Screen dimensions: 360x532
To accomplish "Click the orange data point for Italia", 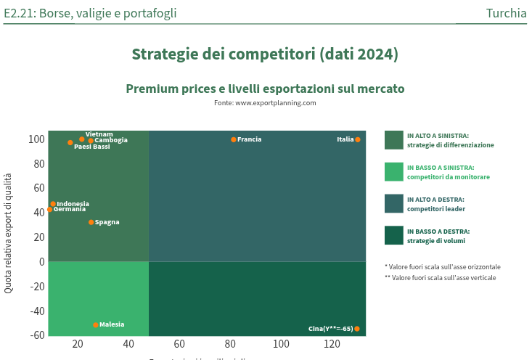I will pos(357,139).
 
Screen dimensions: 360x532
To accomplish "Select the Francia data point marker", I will pos(234,139).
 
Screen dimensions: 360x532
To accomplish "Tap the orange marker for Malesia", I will pos(96,324).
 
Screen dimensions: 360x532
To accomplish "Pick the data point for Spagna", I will pos(91,222).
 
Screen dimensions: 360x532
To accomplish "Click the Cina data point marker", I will pos(356,329).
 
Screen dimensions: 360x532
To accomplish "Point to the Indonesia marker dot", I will pos(53,204).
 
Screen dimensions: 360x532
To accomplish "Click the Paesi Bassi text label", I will pos(92,147).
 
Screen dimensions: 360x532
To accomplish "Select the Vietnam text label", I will pos(99,134).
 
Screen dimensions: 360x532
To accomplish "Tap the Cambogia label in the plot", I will pos(111,140).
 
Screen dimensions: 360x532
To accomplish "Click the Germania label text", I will pos(70,210).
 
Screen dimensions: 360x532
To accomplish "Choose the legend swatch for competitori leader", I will pos(393,204).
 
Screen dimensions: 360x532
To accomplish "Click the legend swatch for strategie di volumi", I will pos(393,236).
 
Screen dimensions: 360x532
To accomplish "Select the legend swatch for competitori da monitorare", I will pos(393,172).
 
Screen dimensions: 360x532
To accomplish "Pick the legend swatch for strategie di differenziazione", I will pos(393,140).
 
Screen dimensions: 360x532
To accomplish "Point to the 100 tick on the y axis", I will pos(36,139).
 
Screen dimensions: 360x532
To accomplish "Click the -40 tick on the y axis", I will pos(36,311).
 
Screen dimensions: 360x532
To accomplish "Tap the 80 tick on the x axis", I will pos(230,344).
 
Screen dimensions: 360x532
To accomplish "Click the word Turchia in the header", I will pos(507,13).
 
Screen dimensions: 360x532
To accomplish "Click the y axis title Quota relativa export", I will pos(9,232).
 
